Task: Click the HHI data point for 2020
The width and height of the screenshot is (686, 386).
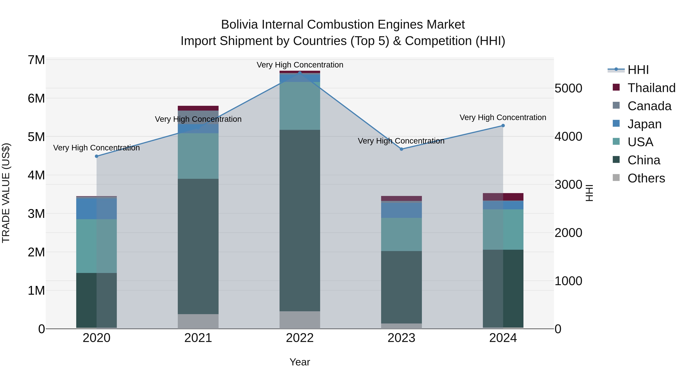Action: coord(97,156)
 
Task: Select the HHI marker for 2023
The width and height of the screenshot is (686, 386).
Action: coord(402,149)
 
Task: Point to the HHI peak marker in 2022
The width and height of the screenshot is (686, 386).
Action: coord(300,73)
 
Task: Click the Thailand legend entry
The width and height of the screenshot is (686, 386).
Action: coord(651,88)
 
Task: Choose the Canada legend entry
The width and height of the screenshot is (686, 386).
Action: coord(649,106)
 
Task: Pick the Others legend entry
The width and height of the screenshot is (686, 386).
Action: coord(646,178)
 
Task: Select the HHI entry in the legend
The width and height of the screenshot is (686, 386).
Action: coord(638,70)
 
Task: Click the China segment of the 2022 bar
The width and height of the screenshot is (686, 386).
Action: coord(300,221)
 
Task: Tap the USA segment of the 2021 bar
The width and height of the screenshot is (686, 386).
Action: coord(198,156)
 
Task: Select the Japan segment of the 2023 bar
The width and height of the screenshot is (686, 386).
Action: coord(402,210)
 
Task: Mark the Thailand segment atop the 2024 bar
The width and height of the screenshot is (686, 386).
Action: coord(503,197)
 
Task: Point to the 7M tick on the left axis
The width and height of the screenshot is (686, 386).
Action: coord(36,60)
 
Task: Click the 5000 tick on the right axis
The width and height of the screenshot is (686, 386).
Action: coord(568,88)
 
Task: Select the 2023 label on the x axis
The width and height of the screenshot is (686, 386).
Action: coord(402,338)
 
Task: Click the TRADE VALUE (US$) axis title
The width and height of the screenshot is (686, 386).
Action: coord(6,193)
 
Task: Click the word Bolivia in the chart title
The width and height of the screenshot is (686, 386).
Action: coord(239,25)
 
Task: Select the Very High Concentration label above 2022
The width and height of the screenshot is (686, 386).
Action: coord(300,65)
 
